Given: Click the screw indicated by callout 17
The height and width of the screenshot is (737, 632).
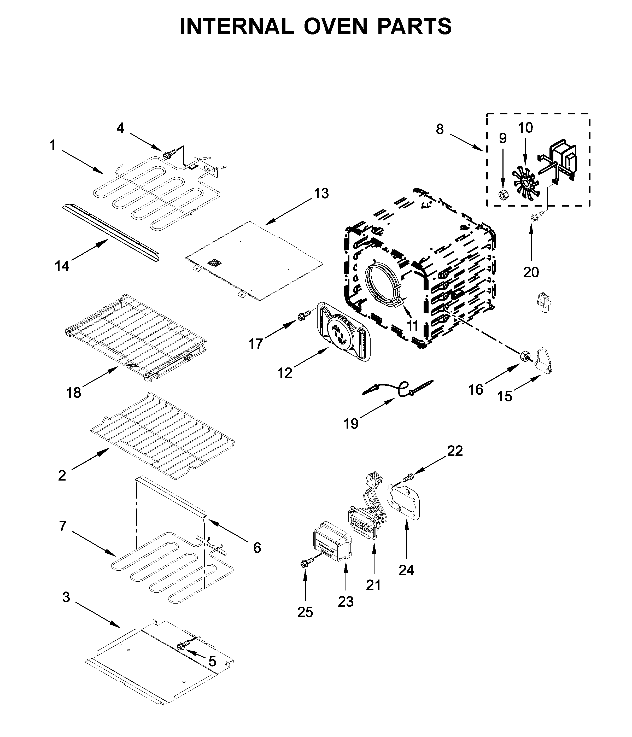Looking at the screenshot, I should point(302,315).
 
